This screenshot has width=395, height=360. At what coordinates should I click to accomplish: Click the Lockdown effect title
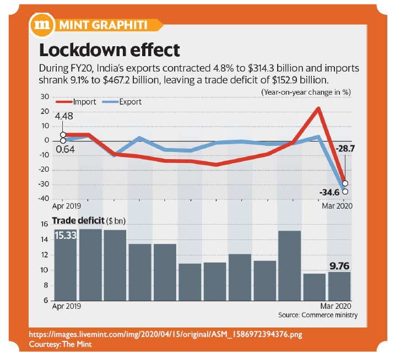tap(109, 50)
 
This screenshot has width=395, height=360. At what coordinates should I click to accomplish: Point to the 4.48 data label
tap(63, 116)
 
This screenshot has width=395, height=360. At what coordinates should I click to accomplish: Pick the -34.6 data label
tap(330, 192)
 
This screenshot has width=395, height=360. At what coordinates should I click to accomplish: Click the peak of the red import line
tap(318, 108)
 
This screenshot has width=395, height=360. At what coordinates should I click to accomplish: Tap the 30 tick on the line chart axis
tap(45, 97)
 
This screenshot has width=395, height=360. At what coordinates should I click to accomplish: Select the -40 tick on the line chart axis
tap(44, 199)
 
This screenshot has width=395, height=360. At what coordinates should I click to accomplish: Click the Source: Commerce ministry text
tap(318, 315)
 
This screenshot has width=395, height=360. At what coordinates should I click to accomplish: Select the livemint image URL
tap(165, 335)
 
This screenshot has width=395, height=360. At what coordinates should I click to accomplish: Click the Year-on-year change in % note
tap(306, 92)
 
